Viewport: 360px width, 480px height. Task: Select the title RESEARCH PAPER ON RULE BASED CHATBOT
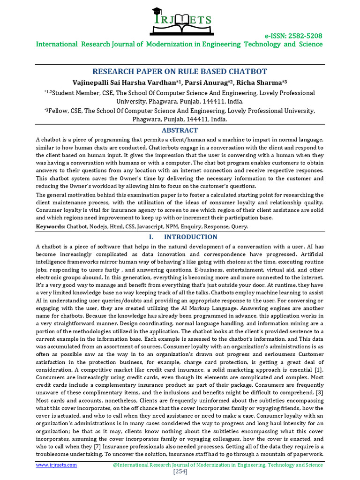pyautogui.click(x=180, y=71)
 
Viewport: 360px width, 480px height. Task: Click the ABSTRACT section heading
pyautogui.click(x=180, y=130)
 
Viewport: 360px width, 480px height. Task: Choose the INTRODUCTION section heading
pyautogui.click(x=190, y=237)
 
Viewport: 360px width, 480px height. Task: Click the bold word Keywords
pyautogui.click(x=51, y=226)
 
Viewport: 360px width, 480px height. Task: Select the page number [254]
pyautogui.click(x=180, y=472)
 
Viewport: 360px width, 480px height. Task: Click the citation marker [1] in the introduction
pyautogui.click(x=319, y=370)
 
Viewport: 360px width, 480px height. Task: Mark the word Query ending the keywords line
pyautogui.click(x=240, y=226)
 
